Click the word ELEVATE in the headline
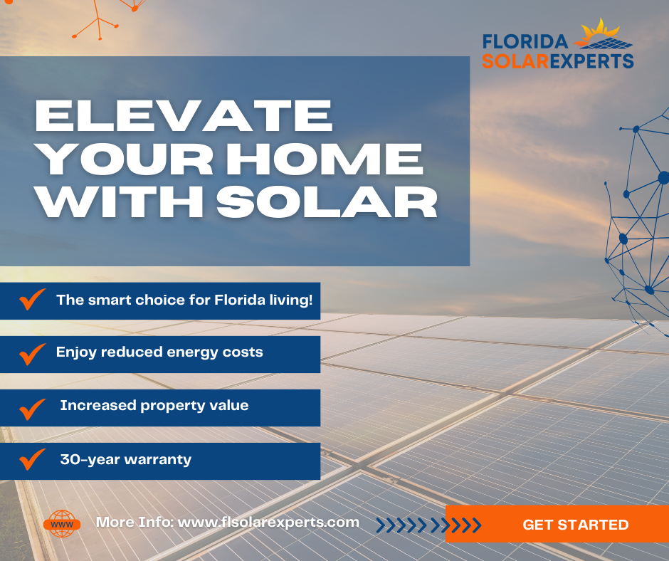pyautogui.click(x=184, y=116)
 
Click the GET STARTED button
pyautogui.click(x=557, y=524)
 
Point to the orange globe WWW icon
pyautogui.click(x=62, y=523)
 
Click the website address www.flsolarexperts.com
pyautogui.click(x=268, y=522)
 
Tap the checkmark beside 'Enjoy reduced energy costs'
pyautogui.click(x=33, y=354)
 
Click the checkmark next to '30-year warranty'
pyautogui.click(x=33, y=459)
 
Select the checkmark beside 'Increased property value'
pyautogui.click(x=33, y=409)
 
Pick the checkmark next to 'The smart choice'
pyautogui.click(x=33, y=299)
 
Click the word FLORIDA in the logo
pyautogui.click(x=525, y=42)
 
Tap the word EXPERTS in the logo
pyautogui.click(x=591, y=61)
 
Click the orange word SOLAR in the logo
pyautogui.click(x=515, y=61)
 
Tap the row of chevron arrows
pyautogui.click(x=428, y=525)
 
